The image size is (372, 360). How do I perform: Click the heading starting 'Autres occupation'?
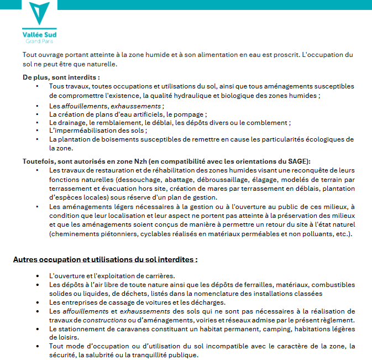[105, 259]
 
